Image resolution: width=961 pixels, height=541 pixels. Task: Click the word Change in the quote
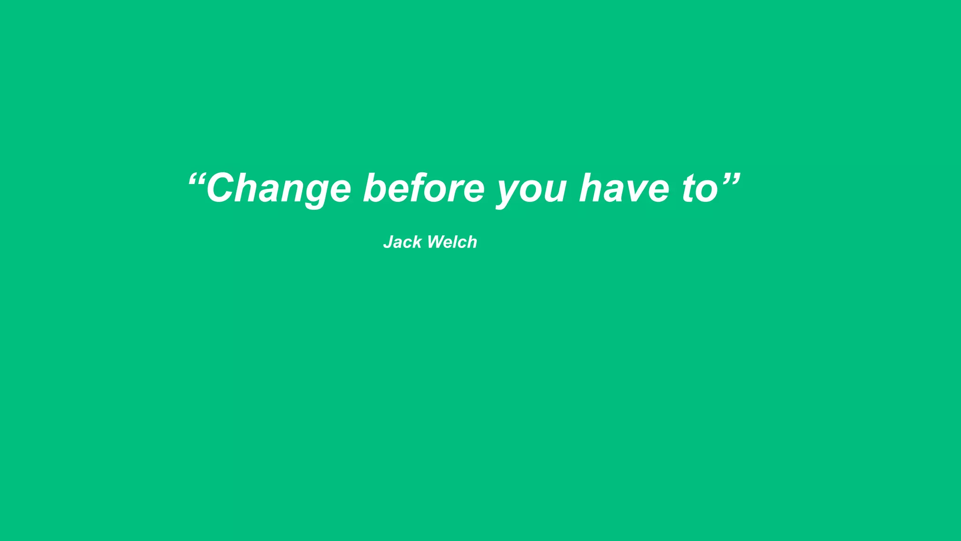(x=278, y=189)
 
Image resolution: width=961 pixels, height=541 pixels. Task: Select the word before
(x=424, y=188)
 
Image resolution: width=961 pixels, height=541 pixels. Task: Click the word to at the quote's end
(x=700, y=189)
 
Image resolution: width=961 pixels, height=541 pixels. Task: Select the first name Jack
(x=402, y=242)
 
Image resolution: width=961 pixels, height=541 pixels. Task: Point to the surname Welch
(x=452, y=242)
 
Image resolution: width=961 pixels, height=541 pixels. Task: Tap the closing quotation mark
(x=731, y=179)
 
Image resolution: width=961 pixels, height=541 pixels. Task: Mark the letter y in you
(x=510, y=193)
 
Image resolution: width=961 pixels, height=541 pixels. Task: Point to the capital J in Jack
(x=389, y=242)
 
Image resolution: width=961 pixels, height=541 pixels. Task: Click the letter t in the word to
(x=689, y=188)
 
